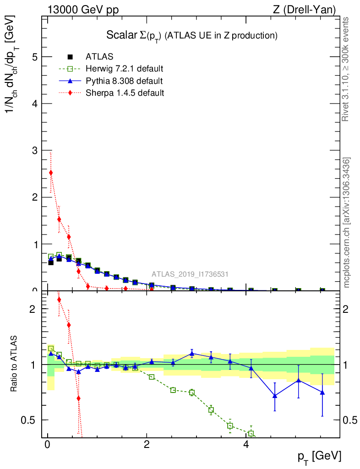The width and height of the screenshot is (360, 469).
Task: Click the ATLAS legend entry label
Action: click(99, 57)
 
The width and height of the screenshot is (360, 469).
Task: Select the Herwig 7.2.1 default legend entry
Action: click(124, 69)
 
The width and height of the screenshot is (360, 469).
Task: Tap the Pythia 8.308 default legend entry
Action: click(124, 81)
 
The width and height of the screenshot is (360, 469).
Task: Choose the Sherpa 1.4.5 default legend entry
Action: click(125, 93)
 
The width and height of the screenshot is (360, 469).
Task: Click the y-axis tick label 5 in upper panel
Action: click(34, 57)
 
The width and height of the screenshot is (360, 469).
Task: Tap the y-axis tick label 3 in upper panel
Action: click(34, 151)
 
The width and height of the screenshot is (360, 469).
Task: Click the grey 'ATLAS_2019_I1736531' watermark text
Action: click(190, 274)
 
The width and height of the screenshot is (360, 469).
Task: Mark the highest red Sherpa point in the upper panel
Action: click(51, 173)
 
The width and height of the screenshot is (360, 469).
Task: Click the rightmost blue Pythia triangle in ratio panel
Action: click(322, 393)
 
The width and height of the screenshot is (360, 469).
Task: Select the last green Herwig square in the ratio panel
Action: click(251, 433)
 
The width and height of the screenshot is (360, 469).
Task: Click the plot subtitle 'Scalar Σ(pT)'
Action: click(134, 35)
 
